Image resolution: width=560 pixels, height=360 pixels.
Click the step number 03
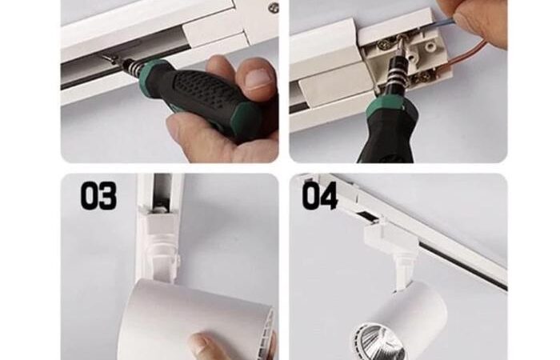pyautogui.click(x=98, y=195)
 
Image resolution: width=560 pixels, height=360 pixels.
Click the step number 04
pyautogui.click(x=320, y=195)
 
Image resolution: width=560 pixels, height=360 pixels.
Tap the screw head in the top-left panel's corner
pyautogui.click(x=274, y=7)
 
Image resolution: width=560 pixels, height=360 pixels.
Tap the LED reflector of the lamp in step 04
pyautogui.click(x=379, y=343)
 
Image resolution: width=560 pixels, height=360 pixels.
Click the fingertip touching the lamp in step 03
pyautogui.click(x=203, y=346)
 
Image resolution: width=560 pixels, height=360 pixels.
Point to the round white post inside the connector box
pyautogui.click(x=431, y=46)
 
